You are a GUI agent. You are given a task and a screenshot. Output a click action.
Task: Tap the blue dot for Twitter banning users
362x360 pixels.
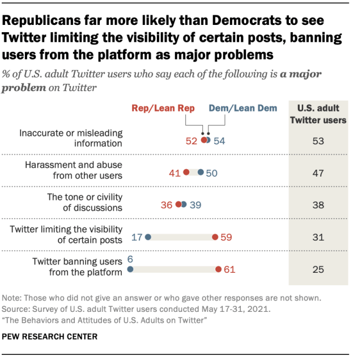coord(130,270)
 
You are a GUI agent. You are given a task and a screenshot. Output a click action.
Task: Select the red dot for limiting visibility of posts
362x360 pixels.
coord(215,238)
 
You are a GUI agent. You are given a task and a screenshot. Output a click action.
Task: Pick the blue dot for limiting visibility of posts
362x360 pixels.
coord(148,238)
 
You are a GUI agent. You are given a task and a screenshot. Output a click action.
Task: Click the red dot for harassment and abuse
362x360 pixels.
coord(186,172)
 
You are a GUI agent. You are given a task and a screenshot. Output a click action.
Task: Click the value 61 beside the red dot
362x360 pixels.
coord(229,270)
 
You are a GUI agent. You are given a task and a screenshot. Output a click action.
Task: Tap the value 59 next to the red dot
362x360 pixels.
coord(226,238)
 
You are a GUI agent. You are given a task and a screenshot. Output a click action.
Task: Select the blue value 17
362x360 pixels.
coord(137,238)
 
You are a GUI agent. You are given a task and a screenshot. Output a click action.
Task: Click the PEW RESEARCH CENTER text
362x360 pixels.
coord(50,336)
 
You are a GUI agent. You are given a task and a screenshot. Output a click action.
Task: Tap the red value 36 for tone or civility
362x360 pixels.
coord(167,205)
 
